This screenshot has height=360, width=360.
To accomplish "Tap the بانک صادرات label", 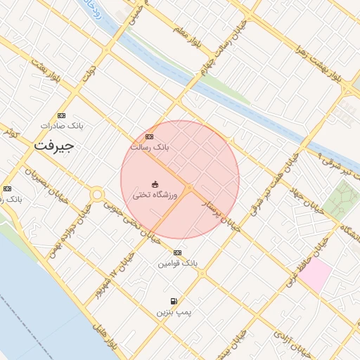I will pyautogui.click(x=62, y=125).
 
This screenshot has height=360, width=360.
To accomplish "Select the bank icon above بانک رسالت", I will pyautogui.click(x=149, y=136).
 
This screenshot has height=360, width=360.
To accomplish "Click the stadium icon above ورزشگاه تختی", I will pyautogui.click(x=155, y=184).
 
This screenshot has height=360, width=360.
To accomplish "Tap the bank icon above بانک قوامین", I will pyautogui.click(x=177, y=252).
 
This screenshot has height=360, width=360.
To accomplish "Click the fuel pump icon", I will pyautogui.click(x=174, y=301).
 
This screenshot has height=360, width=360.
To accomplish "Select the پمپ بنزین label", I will pyautogui.click(x=174, y=311).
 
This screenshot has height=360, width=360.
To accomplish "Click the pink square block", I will pyautogui.click(x=314, y=275).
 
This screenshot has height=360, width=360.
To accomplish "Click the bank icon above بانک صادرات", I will pyautogui.click(x=62, y=115).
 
